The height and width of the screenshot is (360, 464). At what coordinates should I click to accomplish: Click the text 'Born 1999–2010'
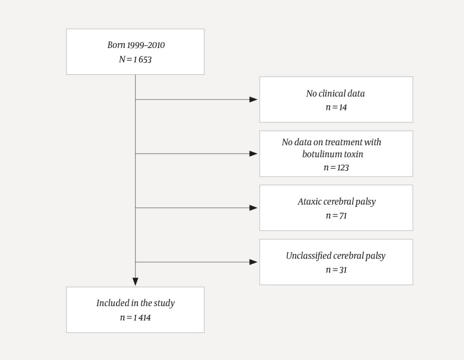pos(136,45)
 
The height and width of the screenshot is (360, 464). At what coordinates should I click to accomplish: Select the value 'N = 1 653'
pos(135,59)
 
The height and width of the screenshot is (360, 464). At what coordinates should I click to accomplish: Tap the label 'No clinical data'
pos(335,94)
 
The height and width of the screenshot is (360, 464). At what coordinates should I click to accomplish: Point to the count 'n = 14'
pos(336,108)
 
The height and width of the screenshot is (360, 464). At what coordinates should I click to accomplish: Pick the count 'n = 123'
pos(336,168)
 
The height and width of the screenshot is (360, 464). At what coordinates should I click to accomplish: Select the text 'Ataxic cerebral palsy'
pos(337,202)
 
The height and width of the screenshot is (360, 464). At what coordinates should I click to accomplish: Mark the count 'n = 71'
pos(336,216)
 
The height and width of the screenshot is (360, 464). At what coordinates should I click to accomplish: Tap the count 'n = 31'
pos(336,270)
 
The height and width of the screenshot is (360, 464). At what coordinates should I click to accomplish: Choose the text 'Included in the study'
pos(135,303)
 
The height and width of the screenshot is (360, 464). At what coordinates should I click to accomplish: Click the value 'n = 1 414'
pos(135,317)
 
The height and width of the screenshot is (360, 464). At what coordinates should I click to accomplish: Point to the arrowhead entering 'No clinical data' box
pos(253,100)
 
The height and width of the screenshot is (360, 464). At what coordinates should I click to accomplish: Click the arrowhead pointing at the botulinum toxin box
pos(253,154)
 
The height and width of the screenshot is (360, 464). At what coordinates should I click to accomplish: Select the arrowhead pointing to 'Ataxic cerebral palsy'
pos(253,208)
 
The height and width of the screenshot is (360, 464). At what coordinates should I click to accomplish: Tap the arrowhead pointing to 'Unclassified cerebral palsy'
pos(253,262)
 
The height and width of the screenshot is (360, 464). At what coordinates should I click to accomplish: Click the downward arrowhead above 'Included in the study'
pos(135,282)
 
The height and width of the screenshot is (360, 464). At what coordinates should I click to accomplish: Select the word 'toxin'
pos(353,154)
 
